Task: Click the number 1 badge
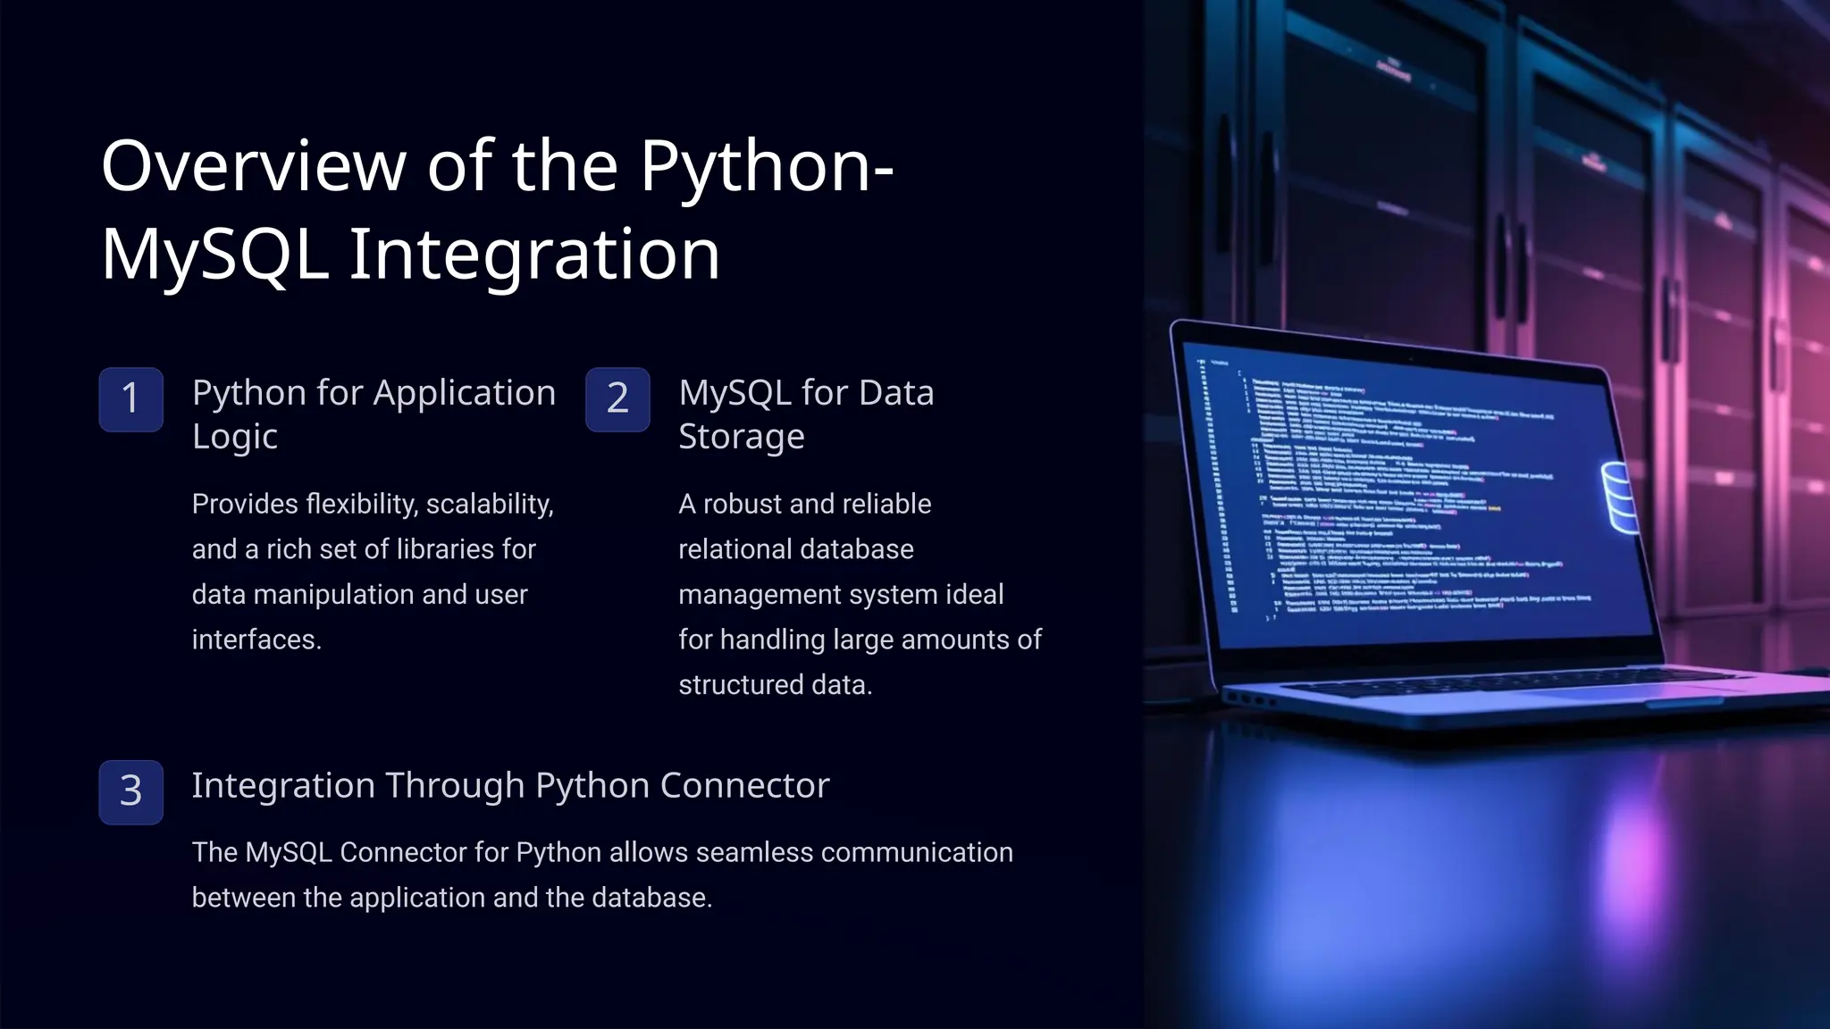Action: tap(130, 399)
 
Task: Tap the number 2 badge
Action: tap(617, 399)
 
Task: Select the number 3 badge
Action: tap(130, 792)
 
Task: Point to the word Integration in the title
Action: tap(533, 255)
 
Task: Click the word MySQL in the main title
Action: tap(214, 255)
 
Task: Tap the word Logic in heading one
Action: tap(235, 437)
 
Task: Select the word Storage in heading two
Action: tap(741, 437)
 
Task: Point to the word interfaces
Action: tap(256, 640)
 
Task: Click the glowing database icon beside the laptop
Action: tap(1620, 497)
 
